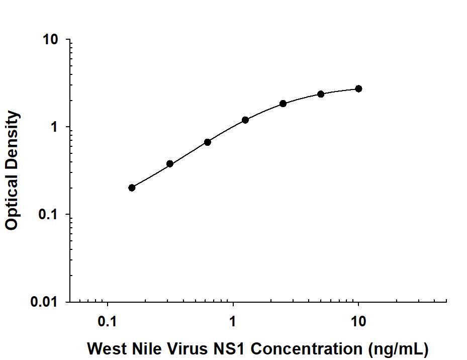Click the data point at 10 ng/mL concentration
[358, 88]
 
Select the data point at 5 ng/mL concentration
[321, 94]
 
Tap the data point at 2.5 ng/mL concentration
[283, 104]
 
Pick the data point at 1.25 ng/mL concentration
[245, 120]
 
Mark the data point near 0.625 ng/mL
[208, 142]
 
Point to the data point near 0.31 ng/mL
[170, 164]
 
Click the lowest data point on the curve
[132, 188]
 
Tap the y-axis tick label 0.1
[49, 215]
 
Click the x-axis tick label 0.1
[107, 320]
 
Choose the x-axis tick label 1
[233, 320]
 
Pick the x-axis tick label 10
[358, 320]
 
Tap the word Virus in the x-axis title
[180, 348]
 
